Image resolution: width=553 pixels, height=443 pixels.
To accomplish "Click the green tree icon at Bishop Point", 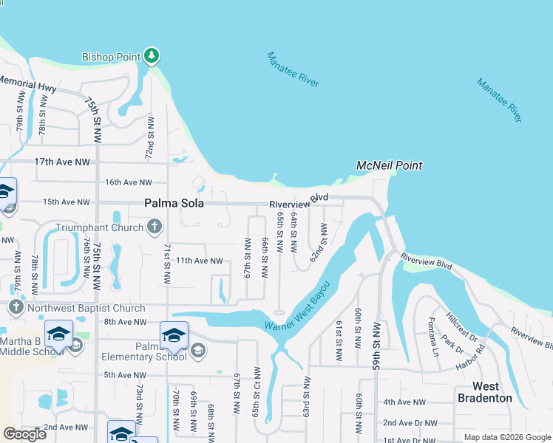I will (x=152, y=55).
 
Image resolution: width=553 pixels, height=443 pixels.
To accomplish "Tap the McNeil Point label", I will (x=389, y=165).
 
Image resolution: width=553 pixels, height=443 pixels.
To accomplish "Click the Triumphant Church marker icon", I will (x=153, y=227).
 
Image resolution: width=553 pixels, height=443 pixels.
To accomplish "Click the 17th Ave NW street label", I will (x=61, y=162).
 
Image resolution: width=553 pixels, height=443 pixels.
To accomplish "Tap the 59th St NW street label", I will (x=377, y=345).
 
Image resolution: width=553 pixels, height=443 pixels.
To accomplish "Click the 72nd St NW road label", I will (x=149, y=138).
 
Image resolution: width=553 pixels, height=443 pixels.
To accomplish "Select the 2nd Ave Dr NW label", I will (x=409, y=423).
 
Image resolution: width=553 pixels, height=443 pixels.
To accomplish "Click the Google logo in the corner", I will (x=24, y=434).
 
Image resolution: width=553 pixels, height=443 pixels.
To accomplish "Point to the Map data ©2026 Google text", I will (x=506, y=437).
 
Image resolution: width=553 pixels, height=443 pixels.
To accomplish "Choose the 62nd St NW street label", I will (x=319, y=244).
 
